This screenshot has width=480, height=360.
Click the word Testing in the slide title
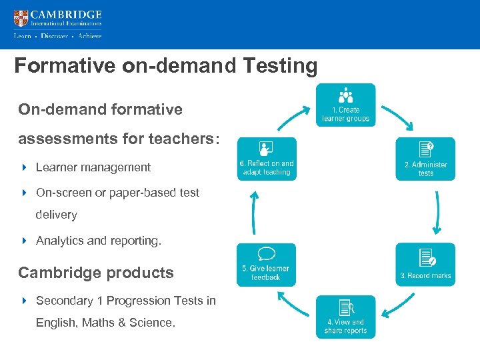(x=283, y=66)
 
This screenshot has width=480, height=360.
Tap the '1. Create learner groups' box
(x=345, y=105)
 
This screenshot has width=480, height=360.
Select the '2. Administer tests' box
(x=425, y=159)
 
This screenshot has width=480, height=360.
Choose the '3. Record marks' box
(x=425, y=265)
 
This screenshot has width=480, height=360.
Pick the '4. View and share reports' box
(x=345, y=317)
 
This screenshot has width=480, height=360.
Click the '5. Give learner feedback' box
(x=265, y=265)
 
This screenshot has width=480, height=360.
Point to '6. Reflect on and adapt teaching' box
(x=267, y=159)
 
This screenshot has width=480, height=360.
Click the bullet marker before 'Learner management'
(x=24, y=167)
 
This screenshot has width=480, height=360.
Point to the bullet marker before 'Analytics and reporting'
(x=24, y=241)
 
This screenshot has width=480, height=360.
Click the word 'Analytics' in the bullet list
(x=59, y=241)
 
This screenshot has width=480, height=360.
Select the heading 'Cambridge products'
(x=96, y=273)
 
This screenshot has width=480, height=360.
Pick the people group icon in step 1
(x=345, y=95)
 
